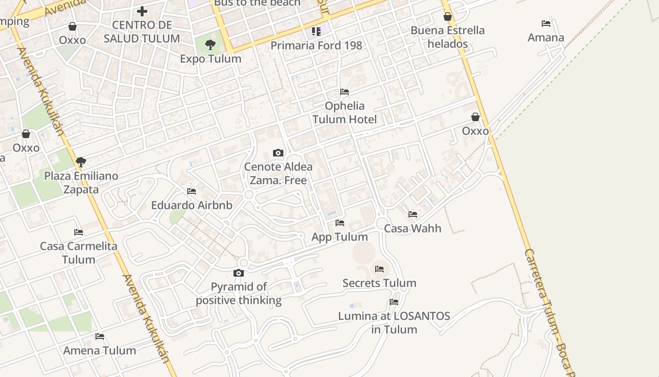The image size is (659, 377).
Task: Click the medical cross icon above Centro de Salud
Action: pyautogui.click(x=142, y=11)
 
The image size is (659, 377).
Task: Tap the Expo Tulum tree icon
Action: pyautogui.click(x=210, y=45)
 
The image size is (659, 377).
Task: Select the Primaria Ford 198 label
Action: pyautogui.click(x=316, y=46)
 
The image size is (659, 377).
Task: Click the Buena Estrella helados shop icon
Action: pyautogui.click(x=448, y=16)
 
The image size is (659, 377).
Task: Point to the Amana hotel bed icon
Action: pyautogui.click(x=546, y=24)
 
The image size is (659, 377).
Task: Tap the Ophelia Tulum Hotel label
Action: pyautogui.click(x=345, y=113)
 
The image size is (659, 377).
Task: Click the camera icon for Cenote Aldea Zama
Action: pyautogui.click(x=278, y=153)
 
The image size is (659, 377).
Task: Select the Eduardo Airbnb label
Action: pyautogui.click(x=192, y=205)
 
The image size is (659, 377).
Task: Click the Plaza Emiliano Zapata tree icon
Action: pyautogui.click(x=81, y=162)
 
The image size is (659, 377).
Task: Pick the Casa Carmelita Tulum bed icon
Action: pyautogui.click(x=79, y=232)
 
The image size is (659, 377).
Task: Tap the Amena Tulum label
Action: pyautogui.click(x=100, y=351)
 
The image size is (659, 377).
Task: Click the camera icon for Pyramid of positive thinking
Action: pyautogui.click(x=239, y=273)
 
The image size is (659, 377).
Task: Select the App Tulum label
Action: pyautogui.click(x=340, y=237)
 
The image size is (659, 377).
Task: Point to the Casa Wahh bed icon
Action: pyautogui.click(x=413, y=214)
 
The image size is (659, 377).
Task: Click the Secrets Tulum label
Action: pyautogui.click(x=379, y=283)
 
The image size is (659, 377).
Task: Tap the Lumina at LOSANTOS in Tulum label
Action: pyautogui.click(x=394, y=323)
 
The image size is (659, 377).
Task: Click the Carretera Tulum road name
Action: pyautogui.click(x=548, y=306)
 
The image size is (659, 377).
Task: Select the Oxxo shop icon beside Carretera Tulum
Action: pyautogui.click(x=475, y=117)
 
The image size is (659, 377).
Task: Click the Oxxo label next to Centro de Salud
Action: pyautogui.click(x=72, y=40)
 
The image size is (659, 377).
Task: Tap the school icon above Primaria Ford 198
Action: pyautogui.click(x=316, y=32)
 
